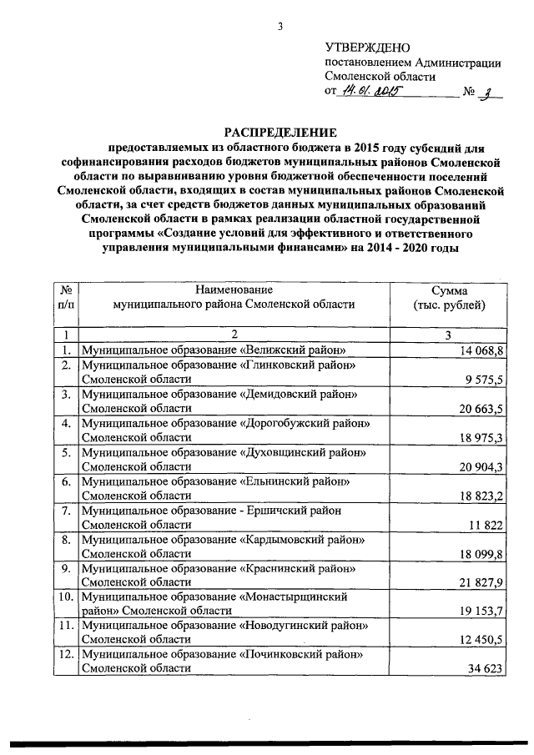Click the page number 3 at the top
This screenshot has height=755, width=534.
pyautogui.click(x=282, y=26)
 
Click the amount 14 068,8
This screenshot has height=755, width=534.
pyautogui.click(x=482, y=350)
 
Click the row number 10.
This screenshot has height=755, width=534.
pyautogui.click(x=65, y=597)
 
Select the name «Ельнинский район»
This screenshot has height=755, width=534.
pyautogui.click(x=301, y=481)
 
